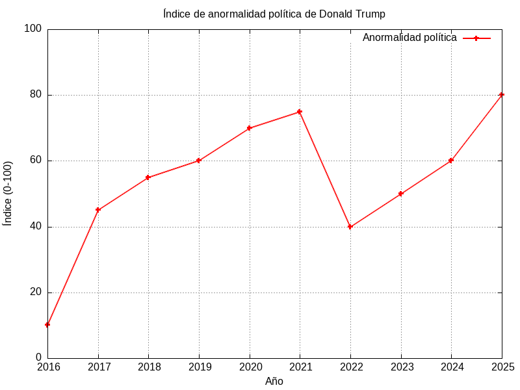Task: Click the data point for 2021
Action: point(300,112)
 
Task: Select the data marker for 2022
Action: point(350,227)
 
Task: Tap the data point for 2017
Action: point(98,210)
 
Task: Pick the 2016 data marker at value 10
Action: point(47,324)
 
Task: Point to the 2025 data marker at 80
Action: point(501,95)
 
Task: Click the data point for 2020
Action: point(250,128)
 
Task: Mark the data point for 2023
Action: point(401,194)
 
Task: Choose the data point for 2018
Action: point(148,177)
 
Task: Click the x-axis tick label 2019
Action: point(199,367)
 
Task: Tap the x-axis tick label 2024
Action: point(451,367)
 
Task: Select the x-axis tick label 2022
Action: point(350,367)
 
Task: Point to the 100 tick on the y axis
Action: point(32,29)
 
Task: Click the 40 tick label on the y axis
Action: point(35,227)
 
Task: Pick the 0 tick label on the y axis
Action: point(38,357)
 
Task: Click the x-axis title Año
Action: point(274,382)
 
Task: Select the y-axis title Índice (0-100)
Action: point(8,193)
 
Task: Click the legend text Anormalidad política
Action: point(409,38)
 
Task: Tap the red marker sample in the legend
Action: point(476,38)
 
